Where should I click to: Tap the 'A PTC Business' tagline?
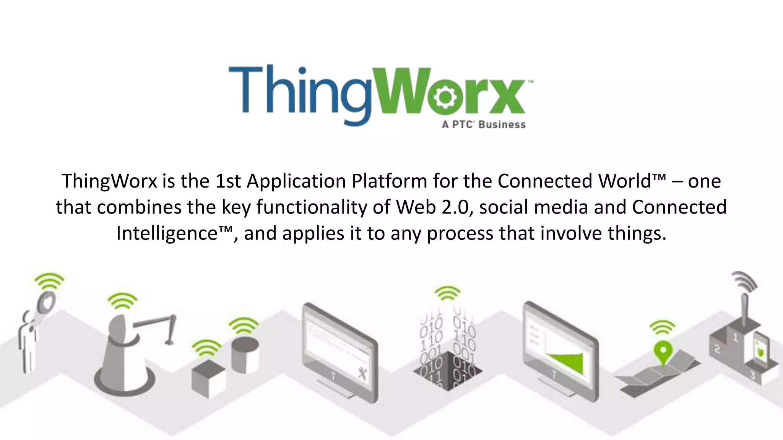pyautogui.click(x=484, y=125)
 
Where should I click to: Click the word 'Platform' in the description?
pyautogui.click(x=389, y=181)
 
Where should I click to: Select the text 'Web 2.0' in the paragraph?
pyautogui.click(x=432, y=207)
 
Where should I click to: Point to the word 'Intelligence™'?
pyautogui.click(x=174, y=233)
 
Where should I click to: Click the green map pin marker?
pyautogui.click(x=663, y=350)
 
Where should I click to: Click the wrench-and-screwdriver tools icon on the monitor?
pyautogui.click(x=362, y=373)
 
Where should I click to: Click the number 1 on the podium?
pyautogui.click(x=735, y=337)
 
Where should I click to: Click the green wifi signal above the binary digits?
pyautogui.click(x=447, y=293)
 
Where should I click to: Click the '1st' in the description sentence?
pyautogui.click(x=228, y=181)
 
